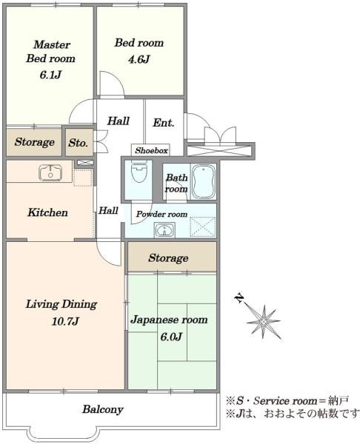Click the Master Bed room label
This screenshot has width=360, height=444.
[50, 51]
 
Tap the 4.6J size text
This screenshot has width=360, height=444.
[138, 59]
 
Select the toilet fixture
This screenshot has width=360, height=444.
[139, 175]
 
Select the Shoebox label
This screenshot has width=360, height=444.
[151, 150]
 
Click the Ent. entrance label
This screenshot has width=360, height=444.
[163, 123]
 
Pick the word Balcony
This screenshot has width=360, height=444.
[102, 408]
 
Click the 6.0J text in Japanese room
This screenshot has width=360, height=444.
[169, 337]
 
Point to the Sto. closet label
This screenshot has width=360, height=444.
[78, 143]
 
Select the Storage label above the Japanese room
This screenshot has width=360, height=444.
[168, 258]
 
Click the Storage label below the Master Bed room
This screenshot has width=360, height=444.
[34, 142]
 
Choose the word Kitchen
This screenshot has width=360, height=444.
[48, 213]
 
